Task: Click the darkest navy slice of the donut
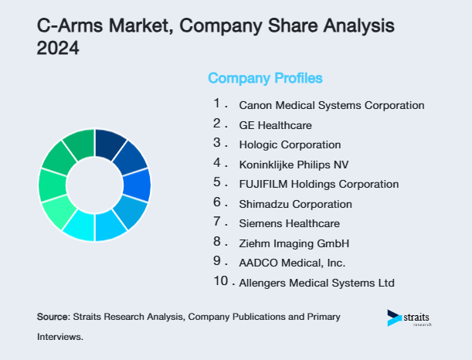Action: (x=110, y=143)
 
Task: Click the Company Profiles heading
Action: (x=265, y=78)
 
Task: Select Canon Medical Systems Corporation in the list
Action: (x=331, y=104)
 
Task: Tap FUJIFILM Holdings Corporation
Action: (x=319, y=184)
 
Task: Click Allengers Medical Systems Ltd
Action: (x=317, y=284)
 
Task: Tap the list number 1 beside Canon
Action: (x=218, y=103)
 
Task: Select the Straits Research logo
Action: (x=410, y=318)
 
